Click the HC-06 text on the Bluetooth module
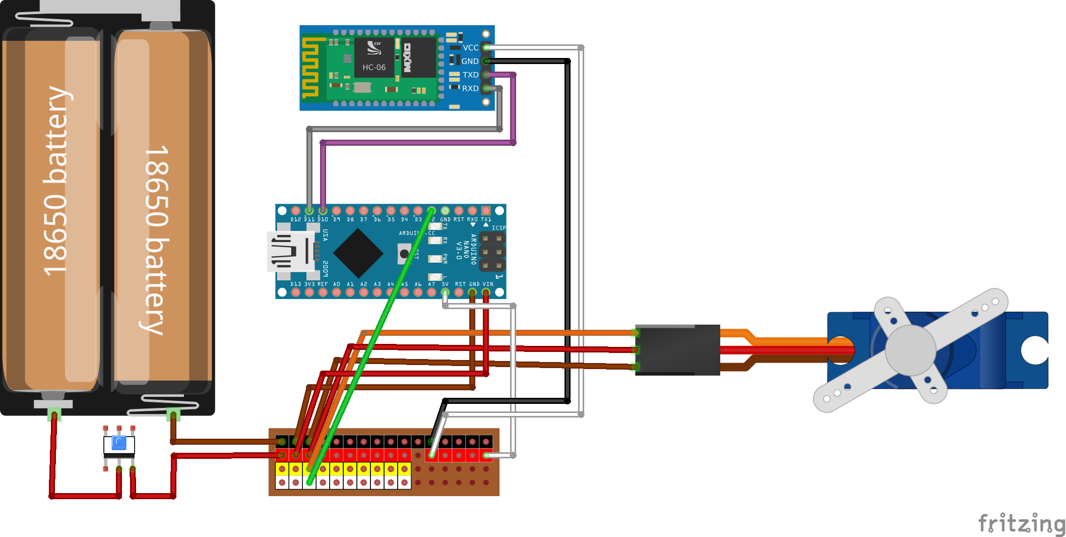[373, 67]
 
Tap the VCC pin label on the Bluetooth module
[470, 47]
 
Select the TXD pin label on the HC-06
[470, 75]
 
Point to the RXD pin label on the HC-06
[470, 88]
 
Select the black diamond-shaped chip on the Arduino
[358, 253]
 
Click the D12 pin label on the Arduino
[295, 219]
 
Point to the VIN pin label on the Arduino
[487, 284]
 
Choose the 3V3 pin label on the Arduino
[309, 284]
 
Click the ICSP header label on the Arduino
[498, 228]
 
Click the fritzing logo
[1021, 523]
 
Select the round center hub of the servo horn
[910, 350]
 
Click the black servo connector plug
[677, 349]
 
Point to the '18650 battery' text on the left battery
[56, 182]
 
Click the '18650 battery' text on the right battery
[157, 240]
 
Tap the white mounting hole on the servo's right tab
[1035, 350]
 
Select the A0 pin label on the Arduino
[336, 284]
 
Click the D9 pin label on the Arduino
[336, 219]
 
